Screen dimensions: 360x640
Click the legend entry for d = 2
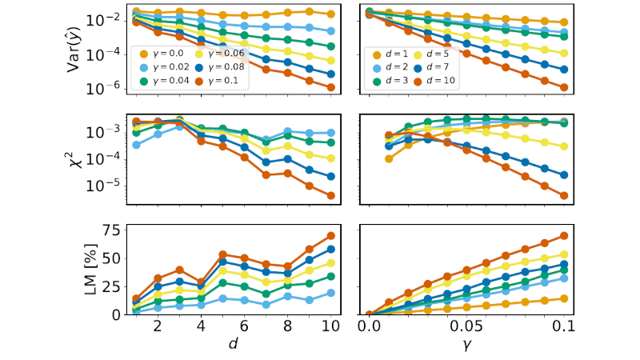pyautogui.click(x=387, y=67)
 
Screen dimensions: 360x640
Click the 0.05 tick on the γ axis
pyautogui.click(x=466, y=327)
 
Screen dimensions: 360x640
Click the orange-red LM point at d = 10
pyautogui.click(x=330, y=236)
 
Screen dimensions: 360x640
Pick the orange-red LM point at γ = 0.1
pyautogui.click(x=564, y=236)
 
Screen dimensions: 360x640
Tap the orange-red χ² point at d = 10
pyautogui.click(x=330, y=195)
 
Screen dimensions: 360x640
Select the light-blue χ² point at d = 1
pyautogui.click(x=136, y=145)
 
